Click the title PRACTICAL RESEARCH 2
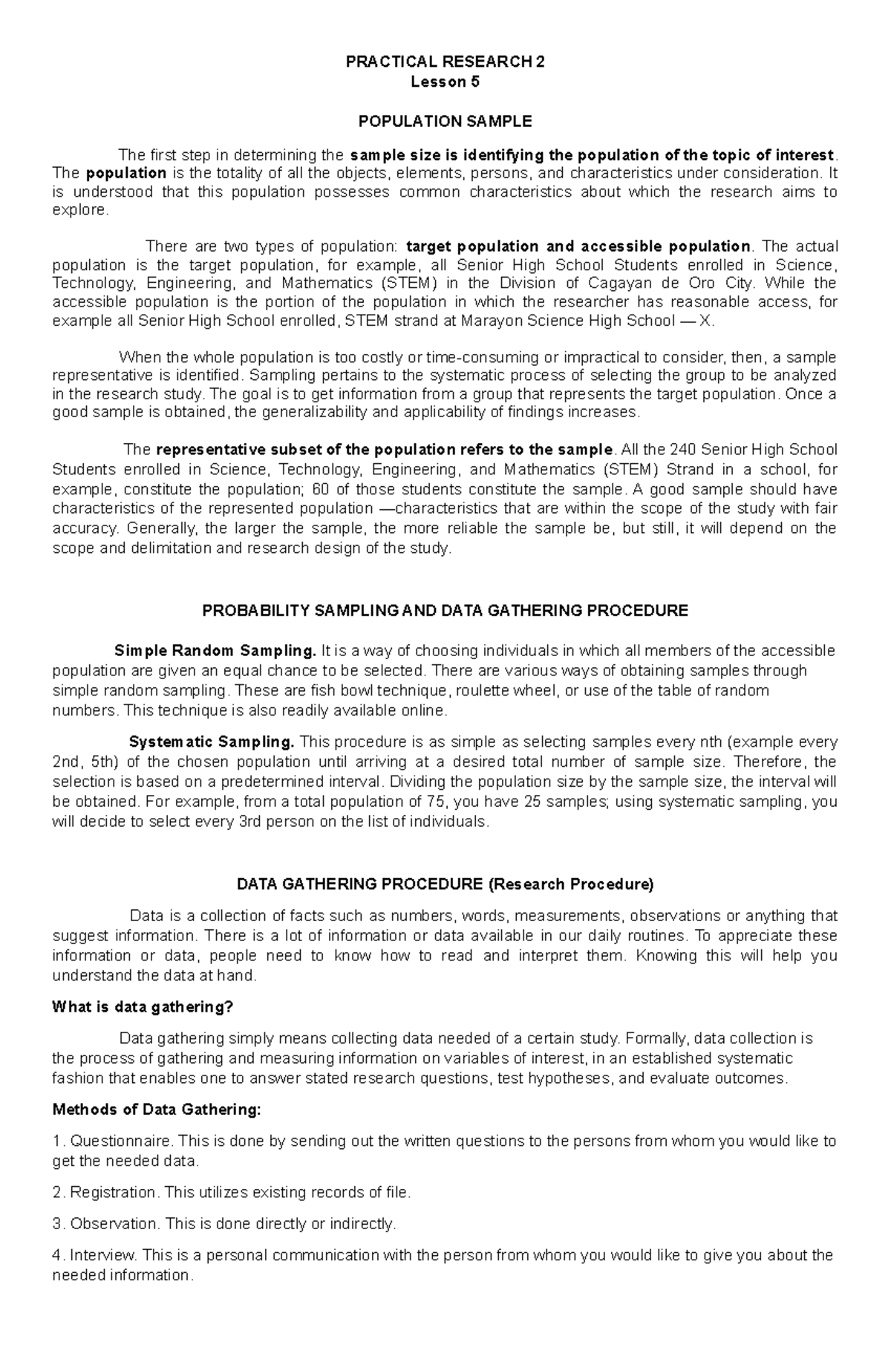(445, 62)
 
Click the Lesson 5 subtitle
(445, 82)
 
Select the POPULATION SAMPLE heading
(445, 121)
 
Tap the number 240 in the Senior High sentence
(683, 450)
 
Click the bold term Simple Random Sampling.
(215, 651)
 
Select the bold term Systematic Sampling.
(212, 742)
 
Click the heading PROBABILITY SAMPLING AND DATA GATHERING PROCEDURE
(445, 611)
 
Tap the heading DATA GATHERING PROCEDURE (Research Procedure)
(445, 884)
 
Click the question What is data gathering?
(143, 1007)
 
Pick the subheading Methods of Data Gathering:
(157, 1110)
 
